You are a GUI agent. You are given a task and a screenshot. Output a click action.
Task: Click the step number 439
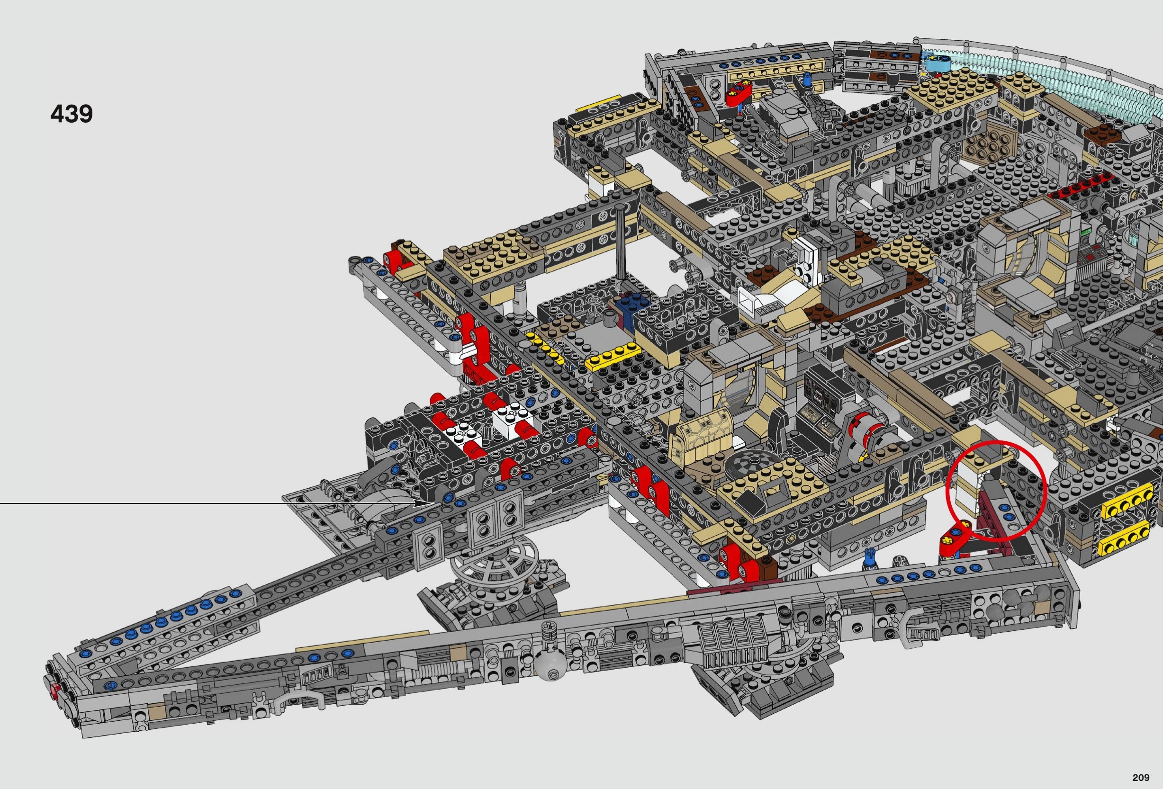[72, 114]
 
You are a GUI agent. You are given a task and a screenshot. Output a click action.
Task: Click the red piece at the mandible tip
[54, 692]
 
